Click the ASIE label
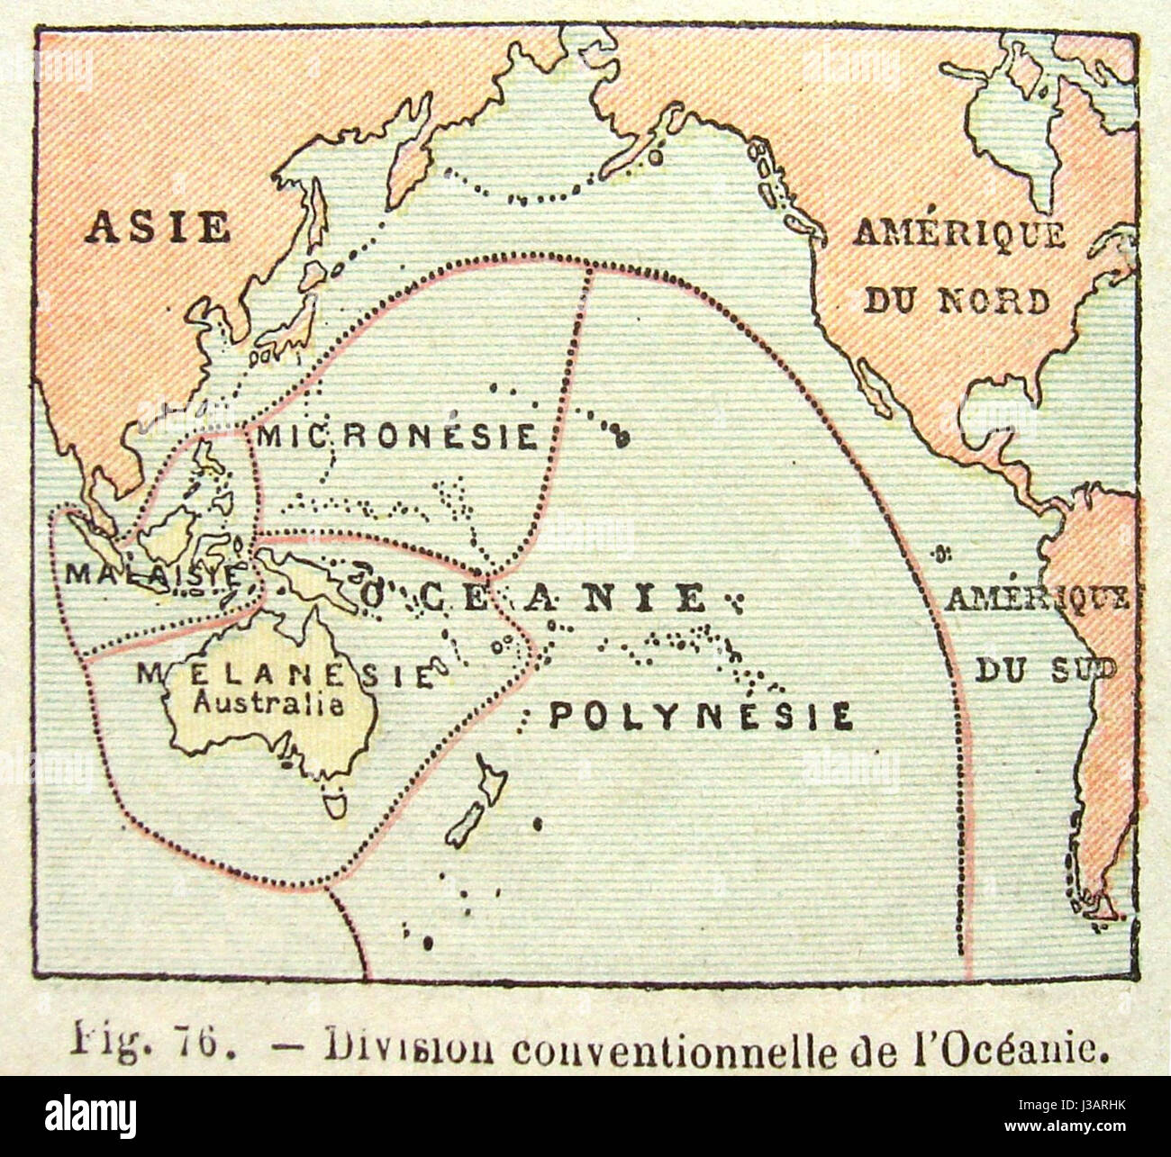[159, 227]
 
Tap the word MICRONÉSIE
[397, 438]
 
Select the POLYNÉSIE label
[701, 717]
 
